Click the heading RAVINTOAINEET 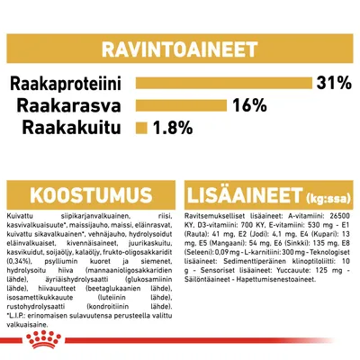pyautogui.click(x=179, y=47)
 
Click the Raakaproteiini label pyautogui.click(x=67, y=84)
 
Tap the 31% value pyautogui.click(x=332, y=84)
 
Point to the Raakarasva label pyautogui.click(x=77, y=104)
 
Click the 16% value pyautogui.click(x=247, y=104)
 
